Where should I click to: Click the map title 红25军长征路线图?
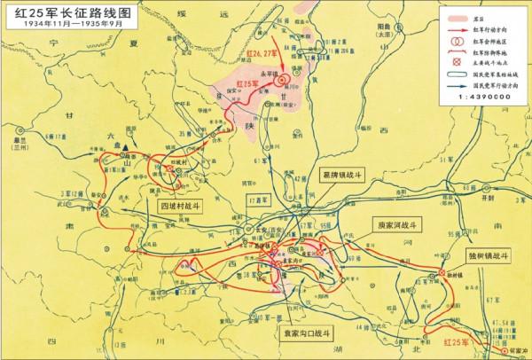point(63,12)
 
